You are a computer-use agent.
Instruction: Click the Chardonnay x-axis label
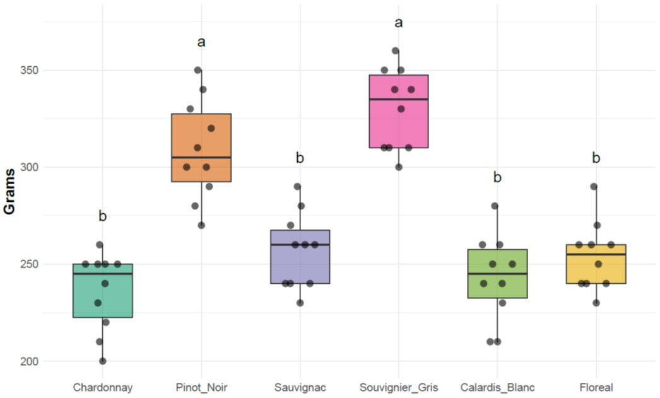[102, 387]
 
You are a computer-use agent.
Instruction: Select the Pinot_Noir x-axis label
[201, 387]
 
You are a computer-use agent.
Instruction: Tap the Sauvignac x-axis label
[300, 387]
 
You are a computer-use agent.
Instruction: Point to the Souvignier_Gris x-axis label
[398, 387]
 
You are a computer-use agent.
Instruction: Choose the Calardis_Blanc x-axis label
[497, 387]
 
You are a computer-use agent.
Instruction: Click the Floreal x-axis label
[596, 387]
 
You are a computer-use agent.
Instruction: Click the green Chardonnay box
[102, 296]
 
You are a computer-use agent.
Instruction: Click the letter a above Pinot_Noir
[201, 42]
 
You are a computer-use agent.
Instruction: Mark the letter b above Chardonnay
[102, 217]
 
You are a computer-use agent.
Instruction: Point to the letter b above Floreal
[596, 158]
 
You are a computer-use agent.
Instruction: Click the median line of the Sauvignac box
[300, 244]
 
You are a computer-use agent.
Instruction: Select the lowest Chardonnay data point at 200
[102, 361]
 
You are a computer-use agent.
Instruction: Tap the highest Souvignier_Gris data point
[395, 50]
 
